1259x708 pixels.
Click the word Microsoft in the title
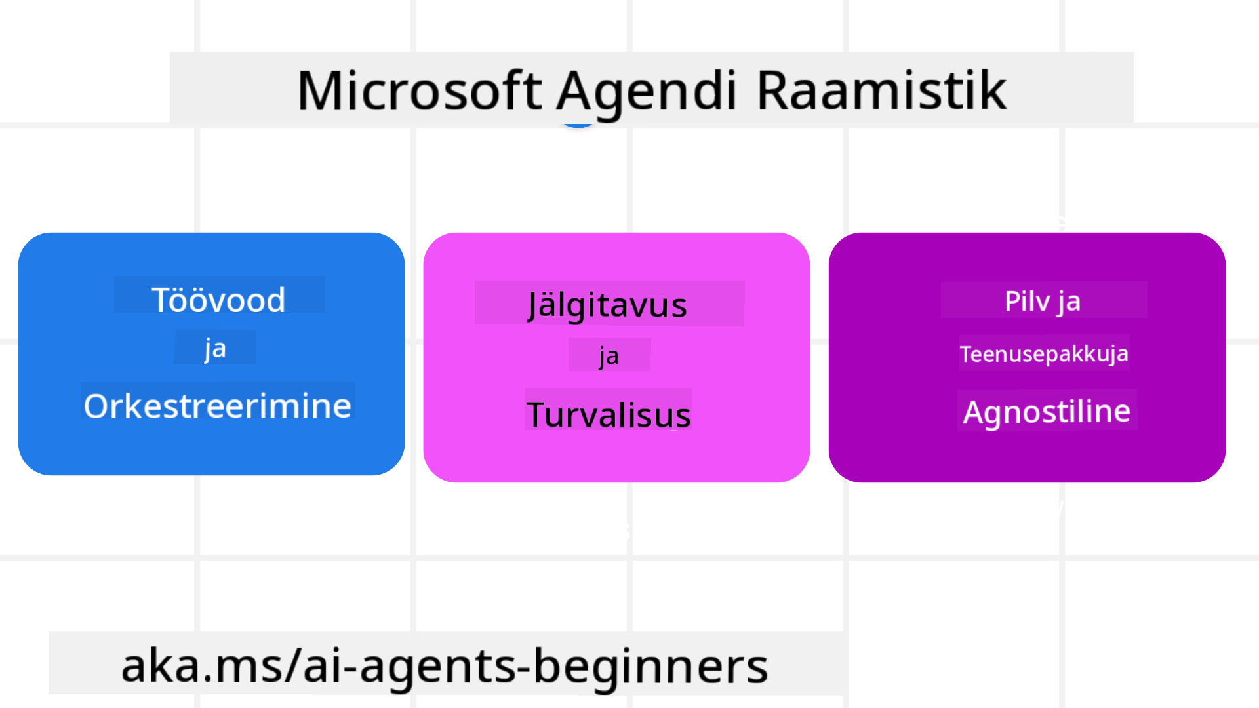coord(420,90)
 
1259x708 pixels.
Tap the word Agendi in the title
coord(647,93)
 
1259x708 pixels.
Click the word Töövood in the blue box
coord(219,300)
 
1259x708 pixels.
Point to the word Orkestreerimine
coord(218,406)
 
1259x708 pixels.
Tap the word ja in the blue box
coord(215,349)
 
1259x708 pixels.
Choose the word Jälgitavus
coord(607,305)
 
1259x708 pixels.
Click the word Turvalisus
coord(609,415)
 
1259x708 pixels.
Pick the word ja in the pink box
coord(609,356)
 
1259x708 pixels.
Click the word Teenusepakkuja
coord(1044,354)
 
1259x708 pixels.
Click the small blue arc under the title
coord(578,125)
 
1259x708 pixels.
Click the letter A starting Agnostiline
coord(974,412)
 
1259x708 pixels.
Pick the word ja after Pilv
coord(1069,302)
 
